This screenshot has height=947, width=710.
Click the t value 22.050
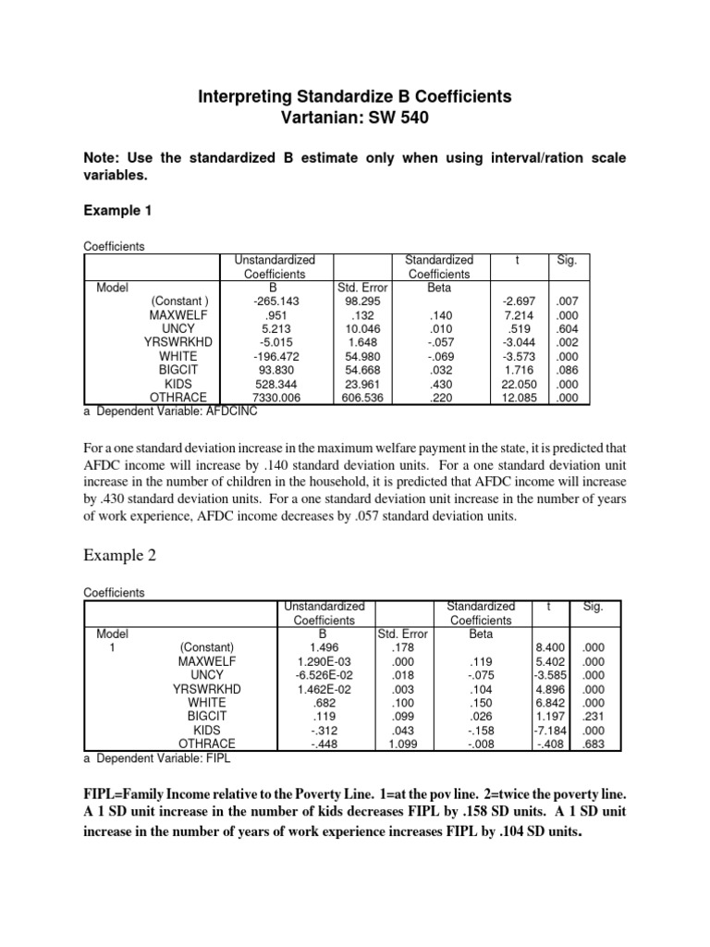coord(518,384)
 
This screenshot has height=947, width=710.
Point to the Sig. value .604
coord(566,329)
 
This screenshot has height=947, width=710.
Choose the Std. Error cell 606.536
coord(356,398)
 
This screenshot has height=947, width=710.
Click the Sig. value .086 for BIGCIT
coord(566,370)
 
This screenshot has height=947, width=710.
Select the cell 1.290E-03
coord(324,661)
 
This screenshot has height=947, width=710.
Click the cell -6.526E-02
coord(323,675)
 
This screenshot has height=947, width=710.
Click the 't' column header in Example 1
coord(517,261)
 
